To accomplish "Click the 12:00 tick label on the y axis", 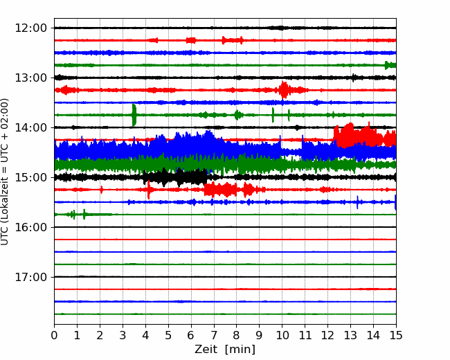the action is [x=30, y=28].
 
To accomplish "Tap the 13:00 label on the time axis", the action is [x=30, y=78].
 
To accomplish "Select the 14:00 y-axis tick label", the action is [x=30, y=127].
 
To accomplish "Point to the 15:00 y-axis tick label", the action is [x=30, y=177].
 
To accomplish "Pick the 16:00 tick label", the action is [x=30, y=227].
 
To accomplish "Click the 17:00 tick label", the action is [x=30, y=277].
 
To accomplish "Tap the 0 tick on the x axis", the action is [x=54, y=335].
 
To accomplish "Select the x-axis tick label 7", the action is [x=214, y=335].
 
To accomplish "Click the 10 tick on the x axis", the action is [x=282, y=335].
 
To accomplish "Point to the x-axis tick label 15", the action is [x=396, y=335].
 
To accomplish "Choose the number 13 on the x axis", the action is [x=351, y=335].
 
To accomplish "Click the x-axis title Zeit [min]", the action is [x=225, y=350].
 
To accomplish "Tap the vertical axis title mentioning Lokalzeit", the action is [x=5, y=172].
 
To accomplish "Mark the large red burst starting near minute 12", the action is [x=364, y=135].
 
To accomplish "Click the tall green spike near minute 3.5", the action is [x=134, y=115].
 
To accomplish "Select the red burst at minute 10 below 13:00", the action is [x=284, y=90].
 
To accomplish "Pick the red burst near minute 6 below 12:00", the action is [x=191, y=40].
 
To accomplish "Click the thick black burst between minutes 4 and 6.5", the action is [x=175, y=177].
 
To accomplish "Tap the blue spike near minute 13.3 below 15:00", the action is [x=357, y=202].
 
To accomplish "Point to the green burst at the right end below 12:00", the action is [x=390, y=65].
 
